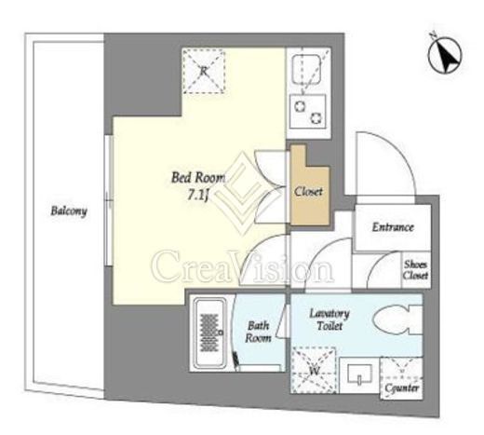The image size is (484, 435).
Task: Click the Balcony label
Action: [69, 211]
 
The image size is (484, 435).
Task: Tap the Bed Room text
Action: [198, 178]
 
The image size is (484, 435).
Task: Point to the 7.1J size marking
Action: [197, 195]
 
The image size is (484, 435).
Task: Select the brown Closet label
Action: [308, 192]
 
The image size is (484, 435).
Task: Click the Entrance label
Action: [393, 227]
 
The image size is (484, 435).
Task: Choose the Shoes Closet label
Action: [416, 270]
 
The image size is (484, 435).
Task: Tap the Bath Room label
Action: [258, 332]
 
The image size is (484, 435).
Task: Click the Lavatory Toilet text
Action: [329, 319]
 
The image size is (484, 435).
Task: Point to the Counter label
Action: [402, 388]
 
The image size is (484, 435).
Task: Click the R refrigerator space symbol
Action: [203, 71]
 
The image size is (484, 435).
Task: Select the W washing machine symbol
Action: [314, 370]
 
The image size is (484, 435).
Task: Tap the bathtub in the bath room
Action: [209, 334]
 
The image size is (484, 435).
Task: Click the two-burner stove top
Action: [308, 112]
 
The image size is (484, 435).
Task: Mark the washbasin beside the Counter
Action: [359, 374]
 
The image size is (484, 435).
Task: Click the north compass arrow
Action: [445, 55]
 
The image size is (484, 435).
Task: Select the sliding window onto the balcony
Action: [108, 200]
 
